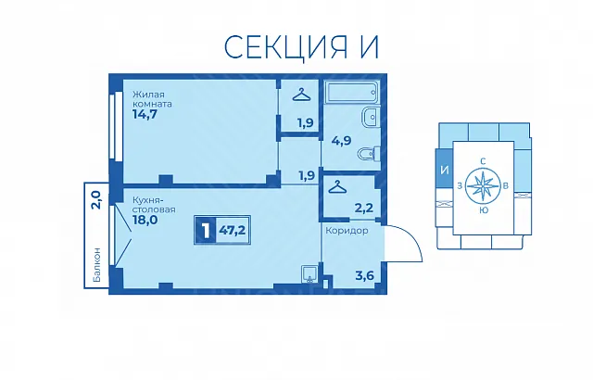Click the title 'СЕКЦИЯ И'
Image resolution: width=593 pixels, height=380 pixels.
[301, 47]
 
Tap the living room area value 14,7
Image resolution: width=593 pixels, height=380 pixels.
[145, 114]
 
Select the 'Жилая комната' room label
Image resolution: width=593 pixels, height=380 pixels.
[152, 98]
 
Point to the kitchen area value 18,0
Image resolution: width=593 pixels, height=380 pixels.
[145, 220]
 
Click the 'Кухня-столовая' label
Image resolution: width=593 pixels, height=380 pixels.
[154, 204]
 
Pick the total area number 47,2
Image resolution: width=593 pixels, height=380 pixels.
[233, 230]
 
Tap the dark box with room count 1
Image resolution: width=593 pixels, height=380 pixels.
[206, 230]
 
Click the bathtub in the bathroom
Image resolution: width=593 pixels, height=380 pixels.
[351, 93]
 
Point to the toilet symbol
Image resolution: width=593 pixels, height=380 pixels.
[369, 154]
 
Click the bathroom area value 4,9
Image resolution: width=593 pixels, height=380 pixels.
[341, 141]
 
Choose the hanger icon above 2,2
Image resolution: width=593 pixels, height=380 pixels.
[337, 186]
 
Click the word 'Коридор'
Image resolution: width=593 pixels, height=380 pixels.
[347, 230]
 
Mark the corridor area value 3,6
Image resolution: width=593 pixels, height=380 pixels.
[364, 275]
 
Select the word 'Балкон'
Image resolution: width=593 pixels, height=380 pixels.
[96, 265]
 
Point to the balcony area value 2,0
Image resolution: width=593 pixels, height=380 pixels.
[95, 200]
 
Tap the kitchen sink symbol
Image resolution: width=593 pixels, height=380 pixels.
[310, 273]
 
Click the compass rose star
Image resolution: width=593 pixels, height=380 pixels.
[483, 186]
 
